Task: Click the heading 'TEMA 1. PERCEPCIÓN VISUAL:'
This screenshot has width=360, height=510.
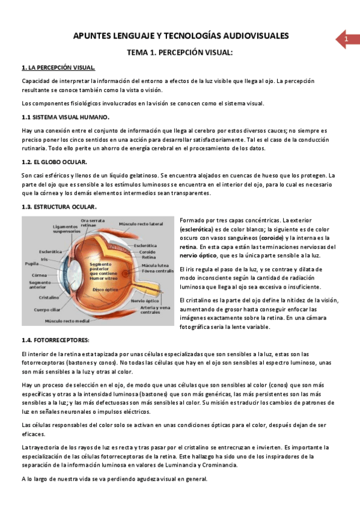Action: click(x=179, y=53)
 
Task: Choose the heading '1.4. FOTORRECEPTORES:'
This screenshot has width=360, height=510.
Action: click(x=55, y=340)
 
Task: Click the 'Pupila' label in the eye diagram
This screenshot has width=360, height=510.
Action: click(x=32, y=263)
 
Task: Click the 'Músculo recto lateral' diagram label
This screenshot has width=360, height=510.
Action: click(x=141, y=224)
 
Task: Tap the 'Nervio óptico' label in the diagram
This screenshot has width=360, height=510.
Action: click(x=145, y=300)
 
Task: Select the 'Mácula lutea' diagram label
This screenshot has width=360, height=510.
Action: click(x=154, y=265)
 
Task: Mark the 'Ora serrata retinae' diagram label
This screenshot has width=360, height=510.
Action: click(x=93, y=223)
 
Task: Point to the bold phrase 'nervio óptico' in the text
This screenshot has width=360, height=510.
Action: click(x=201, y=256)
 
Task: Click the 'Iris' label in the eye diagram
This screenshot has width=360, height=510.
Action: click(x=44, y=259)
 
